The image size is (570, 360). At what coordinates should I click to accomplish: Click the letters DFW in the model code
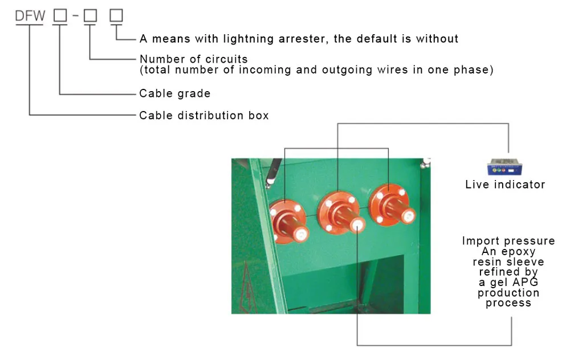click(30, 15)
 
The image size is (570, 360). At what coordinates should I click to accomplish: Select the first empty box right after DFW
click(60, 15)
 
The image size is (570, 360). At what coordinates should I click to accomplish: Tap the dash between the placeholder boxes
click(76, 15)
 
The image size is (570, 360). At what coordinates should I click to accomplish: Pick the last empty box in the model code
click(116, 15)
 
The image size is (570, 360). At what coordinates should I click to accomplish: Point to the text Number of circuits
click(194, 59)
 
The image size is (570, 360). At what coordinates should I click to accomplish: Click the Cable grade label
click(175, 93)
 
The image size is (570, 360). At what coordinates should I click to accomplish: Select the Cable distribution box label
click(204, 116)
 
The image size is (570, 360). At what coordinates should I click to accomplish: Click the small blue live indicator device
click(504, 167)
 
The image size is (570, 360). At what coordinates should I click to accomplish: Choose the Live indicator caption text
click(505, 185)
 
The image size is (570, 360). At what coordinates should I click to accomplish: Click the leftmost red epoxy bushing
click(290, 222)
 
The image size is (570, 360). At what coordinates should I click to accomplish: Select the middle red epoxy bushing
click(341, 213)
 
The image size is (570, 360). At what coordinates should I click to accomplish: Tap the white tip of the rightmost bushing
click(408, 216)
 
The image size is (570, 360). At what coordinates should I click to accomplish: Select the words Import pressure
click(508, 241)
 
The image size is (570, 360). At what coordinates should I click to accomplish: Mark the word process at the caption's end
click(508, 303)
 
